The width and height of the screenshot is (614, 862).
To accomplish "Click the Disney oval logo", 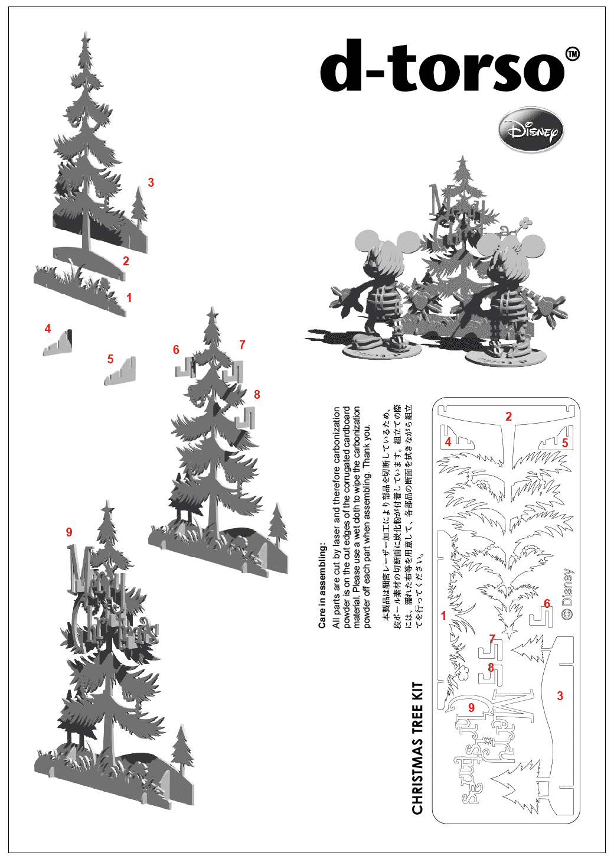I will coord(531,130).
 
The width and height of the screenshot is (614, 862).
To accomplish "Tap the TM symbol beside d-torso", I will coord(572,54).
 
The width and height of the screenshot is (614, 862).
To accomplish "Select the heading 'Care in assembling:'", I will coord(322,585).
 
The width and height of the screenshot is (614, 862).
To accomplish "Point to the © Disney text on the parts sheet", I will coord(567,594).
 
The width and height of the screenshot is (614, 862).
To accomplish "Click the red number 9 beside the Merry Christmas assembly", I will coord(69,532).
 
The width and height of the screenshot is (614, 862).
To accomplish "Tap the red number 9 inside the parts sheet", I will coord(471,707).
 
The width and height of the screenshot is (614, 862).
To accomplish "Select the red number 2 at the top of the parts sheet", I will coord(509,417).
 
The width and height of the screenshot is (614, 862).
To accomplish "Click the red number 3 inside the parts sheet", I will coord(560,696).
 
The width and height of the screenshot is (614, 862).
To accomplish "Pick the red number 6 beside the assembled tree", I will coord(176,350).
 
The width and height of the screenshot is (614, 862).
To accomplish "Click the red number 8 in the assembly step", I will coord(257,394).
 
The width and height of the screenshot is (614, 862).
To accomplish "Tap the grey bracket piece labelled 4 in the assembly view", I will coord(59,343).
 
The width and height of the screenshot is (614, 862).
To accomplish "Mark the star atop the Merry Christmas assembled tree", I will coord(107,507).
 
